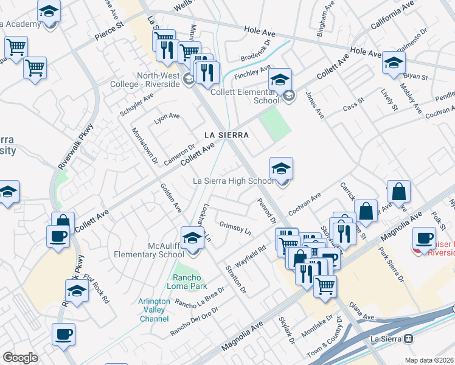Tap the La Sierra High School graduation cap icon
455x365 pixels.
click(x=282, y=169)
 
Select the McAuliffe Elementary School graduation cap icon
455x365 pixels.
click(x=192, y=238)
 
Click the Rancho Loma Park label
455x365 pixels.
click(x=189, y=282)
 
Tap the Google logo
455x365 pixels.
click(x=20, y=358)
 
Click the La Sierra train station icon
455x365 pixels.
click(x=409, y=338)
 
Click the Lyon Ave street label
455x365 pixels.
click(x=167, y=117)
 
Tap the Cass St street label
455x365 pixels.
click(x=352, y=103)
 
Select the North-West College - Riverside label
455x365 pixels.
click(x=150, y=80)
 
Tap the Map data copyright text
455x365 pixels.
click(x=429, y=360)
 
